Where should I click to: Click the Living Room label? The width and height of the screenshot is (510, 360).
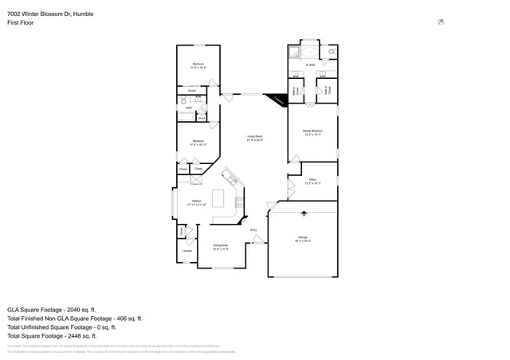254,138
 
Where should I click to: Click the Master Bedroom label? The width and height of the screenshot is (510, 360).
312,132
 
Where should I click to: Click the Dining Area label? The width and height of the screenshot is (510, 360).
220,247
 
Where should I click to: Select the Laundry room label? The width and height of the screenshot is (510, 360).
187,251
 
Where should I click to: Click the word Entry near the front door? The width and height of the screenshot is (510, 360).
254,230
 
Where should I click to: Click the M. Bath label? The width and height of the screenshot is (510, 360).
312,65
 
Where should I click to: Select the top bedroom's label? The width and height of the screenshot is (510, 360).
198,65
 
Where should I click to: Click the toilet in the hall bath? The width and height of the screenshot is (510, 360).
183,101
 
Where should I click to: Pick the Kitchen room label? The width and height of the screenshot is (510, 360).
196,202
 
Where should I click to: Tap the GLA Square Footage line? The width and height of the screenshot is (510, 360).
51,309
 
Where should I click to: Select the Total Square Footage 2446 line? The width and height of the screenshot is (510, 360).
55,335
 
